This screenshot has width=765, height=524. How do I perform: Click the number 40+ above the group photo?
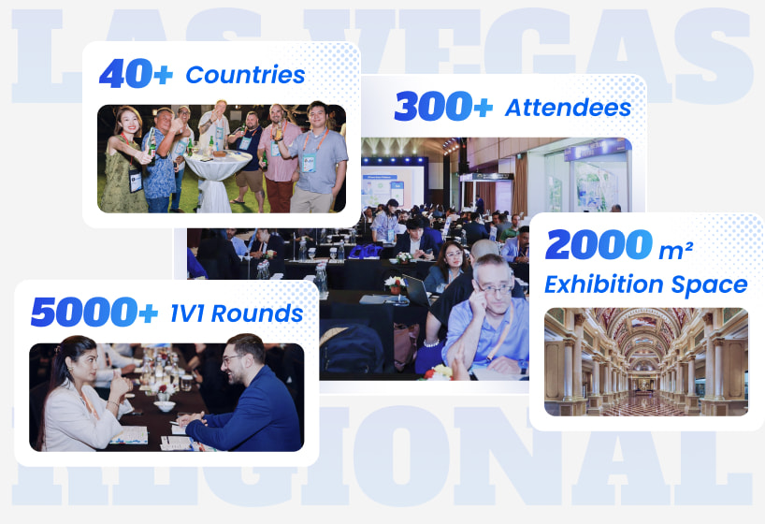tap(137, 73)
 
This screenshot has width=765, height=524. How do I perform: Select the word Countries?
tap(245, 75)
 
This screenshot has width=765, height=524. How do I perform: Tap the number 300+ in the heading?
tap(443, 106)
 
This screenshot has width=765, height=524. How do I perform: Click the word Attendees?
tap(569, 108)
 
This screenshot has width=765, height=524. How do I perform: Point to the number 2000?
tap(599, 244)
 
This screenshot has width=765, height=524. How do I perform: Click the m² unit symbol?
tap(676, 251)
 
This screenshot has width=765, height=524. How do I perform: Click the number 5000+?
tap(94, 312)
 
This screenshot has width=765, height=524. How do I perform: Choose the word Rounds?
tap(257, 313)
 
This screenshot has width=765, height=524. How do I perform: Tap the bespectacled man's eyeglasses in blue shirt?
tap(496, 289)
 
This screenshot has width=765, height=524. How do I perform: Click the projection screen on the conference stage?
tap(391, 188)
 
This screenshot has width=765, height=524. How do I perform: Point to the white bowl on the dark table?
tap(165, 406)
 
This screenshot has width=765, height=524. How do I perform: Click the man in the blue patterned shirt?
tap(160, 161)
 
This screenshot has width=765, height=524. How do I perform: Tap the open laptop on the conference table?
tap(415, 291)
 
